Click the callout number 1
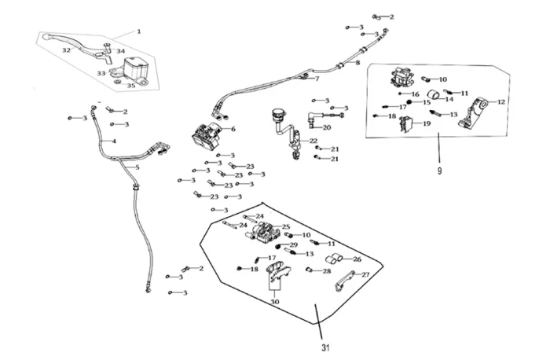point(138,31)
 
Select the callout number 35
point(131,85)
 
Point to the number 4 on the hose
point(114,141)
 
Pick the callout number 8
point(357,62)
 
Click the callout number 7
point(317,79)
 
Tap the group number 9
point(440,169)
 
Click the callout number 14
point(450,98)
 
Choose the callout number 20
point(327,127)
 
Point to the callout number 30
point(274,300)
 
